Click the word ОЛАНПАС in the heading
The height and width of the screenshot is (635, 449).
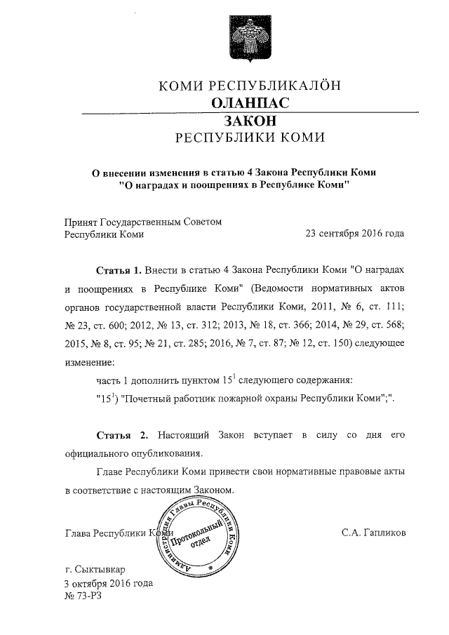click(249, 103)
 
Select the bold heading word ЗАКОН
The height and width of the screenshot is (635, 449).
click(249, 121)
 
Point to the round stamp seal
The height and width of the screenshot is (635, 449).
click(199, 534)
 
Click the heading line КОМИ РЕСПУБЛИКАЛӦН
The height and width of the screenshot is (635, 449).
click(249, 86)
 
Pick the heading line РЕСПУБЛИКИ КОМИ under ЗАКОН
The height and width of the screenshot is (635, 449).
click(249, 138)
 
